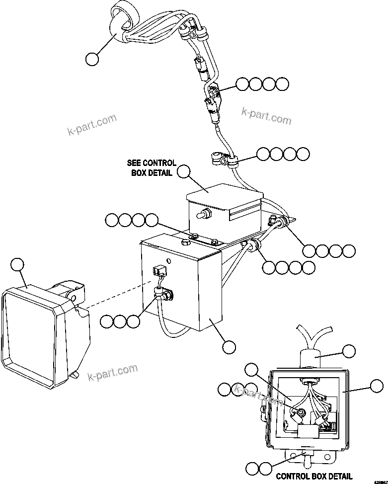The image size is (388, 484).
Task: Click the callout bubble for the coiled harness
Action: pyautogui.click(x=92, y=59)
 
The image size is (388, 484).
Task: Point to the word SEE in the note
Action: pyautogui.click(x=135, y=163)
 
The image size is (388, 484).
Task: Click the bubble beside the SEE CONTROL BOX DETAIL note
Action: pyautogui.click(x=184, y=172)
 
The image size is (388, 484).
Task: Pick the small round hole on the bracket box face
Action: pyautogui.click(x=169, y=260)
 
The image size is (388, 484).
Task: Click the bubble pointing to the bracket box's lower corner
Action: pyautogui.click(x=229, y=346)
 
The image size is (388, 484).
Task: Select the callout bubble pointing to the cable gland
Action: pyautogui.click(x=349, y=351)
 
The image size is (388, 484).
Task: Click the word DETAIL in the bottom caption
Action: pyautogui.click(x=338, y=476)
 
